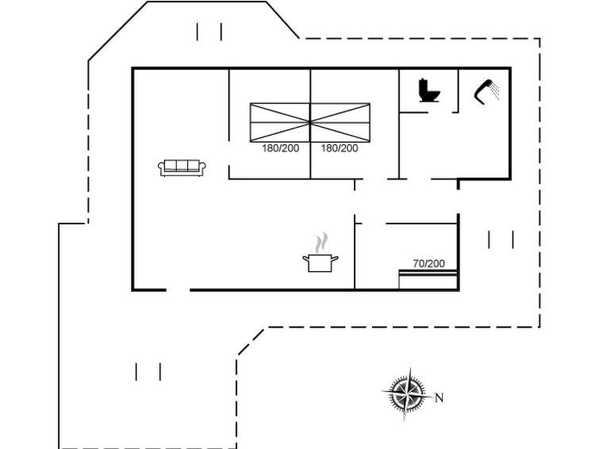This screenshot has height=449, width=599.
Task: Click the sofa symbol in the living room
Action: tap(182, 168)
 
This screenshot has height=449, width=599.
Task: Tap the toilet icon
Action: tap(429, 90)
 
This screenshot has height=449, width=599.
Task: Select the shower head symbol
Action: tap(484, 91)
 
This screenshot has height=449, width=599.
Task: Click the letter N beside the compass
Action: tap(440, 398)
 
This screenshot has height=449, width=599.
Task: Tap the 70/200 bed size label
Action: tap(428, 263)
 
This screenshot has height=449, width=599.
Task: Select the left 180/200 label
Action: tap(280, 148)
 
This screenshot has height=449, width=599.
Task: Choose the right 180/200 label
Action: tap(340, 148)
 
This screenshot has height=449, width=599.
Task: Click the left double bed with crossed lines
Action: tap(280, 122)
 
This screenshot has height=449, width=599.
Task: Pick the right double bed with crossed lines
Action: tap(340, 122)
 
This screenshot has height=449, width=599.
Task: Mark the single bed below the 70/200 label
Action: tap(428, 279)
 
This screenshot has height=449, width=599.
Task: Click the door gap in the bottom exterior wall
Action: tap(178, 290)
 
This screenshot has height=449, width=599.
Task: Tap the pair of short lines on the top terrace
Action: tap(209, 32)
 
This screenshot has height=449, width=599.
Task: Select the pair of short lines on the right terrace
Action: tap(501, 240)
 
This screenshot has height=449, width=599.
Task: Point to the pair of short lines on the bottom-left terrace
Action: tap(148, 372)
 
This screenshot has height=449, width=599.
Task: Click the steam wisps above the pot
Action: tap(321, 243)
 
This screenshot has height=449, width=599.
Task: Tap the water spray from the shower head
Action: tap(495, 90)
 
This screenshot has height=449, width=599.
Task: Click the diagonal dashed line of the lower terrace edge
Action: tap(251, 341)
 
